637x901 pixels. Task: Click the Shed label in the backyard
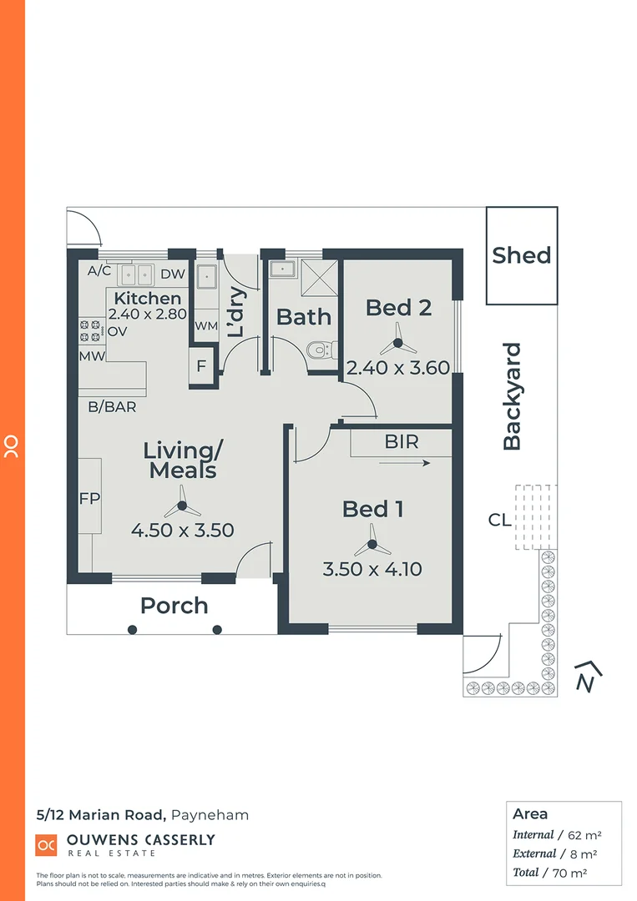coord(521,255)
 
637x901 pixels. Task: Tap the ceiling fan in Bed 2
coord(398,343)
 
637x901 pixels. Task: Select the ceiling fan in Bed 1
coord(372,546)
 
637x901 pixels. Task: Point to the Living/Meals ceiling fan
coord(181,506)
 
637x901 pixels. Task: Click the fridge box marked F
coord(201,365)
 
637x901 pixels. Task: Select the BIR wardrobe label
coord(401,441)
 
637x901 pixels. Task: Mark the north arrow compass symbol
coord(589,677)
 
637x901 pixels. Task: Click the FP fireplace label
coord(89,499)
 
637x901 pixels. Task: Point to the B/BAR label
coord(112,407)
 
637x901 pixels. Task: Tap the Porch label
coord(174,606)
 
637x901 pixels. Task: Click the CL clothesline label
coord(499,521)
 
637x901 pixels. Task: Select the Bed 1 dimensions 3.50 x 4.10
coord(372,570)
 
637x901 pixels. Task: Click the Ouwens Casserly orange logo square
coord(46,844)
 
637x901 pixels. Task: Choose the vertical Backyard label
coord(512,396)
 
